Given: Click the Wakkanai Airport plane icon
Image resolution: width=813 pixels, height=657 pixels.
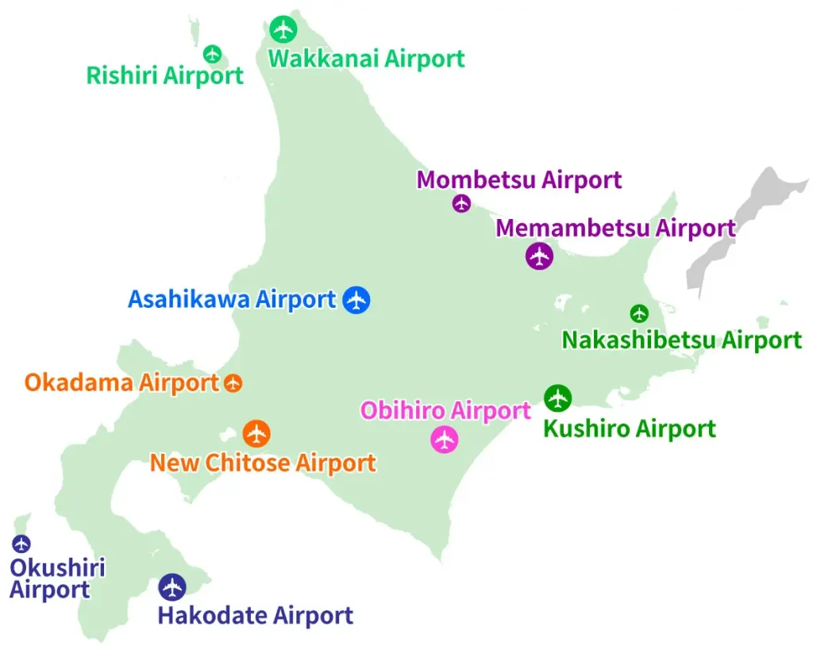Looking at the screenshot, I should [283, 29].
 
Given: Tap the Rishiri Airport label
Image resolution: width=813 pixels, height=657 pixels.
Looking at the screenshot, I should [164, 76].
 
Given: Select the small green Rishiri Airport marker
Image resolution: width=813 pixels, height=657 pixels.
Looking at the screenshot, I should [212, 54].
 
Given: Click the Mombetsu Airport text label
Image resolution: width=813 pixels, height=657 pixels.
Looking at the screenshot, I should [518, 180].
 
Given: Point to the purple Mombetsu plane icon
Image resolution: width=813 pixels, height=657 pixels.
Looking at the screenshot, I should [461, 203].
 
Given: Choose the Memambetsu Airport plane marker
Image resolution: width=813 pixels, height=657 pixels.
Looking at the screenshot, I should [540, 256].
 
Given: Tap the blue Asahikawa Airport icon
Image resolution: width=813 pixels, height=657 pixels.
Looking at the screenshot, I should [356, 300].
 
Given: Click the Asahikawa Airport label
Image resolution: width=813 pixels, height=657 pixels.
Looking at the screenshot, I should [232, 300].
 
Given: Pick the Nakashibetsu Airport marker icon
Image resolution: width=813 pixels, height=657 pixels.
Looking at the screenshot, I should [639, 313].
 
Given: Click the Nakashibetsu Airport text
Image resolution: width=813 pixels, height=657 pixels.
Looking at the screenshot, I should [681, 340].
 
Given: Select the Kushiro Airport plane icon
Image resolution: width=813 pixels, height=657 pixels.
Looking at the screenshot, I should [558, 397].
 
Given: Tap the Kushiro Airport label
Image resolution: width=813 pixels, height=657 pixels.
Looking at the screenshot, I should [629, 429].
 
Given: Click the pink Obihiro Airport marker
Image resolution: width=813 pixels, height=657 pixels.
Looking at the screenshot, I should [445, 439].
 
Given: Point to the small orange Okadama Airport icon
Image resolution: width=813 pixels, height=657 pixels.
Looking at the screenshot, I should [233, 383].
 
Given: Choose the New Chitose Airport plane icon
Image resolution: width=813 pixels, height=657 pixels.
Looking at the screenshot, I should [256, 433].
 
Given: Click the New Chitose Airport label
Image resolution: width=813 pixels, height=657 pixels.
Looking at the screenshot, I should [263, 463].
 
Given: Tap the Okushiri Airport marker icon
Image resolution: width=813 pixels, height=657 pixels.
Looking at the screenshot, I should [21, 544].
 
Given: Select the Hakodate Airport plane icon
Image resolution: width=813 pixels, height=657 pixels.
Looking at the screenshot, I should [171, 587].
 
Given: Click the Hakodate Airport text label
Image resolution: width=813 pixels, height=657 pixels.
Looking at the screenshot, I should [255, 615].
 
